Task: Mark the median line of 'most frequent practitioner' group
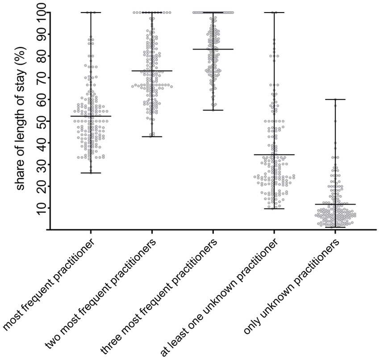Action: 91,116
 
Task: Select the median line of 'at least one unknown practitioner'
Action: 274,155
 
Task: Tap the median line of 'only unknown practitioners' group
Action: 335,204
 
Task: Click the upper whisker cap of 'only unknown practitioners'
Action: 335,99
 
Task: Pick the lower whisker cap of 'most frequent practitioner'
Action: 91,173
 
